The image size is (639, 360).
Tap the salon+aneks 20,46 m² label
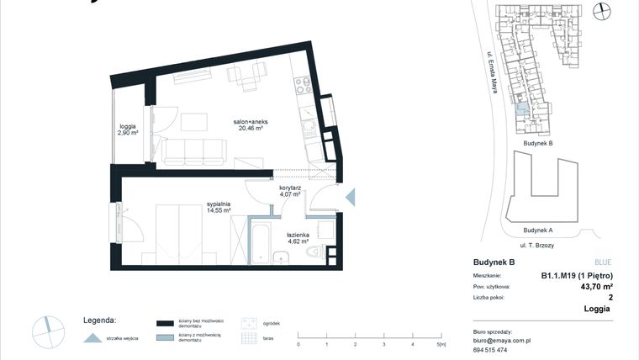click(251, 125)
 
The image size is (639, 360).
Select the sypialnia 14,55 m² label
click(219, 207)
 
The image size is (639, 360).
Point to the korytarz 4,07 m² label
click(291, 191)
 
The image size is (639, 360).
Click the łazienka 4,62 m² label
click(299, 239)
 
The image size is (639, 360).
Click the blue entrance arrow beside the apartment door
click(351, 197)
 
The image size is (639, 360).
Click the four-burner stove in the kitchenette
click(302, 85)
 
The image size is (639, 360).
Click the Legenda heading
click(99, 320)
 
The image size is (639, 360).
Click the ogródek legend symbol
click(249, 323)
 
